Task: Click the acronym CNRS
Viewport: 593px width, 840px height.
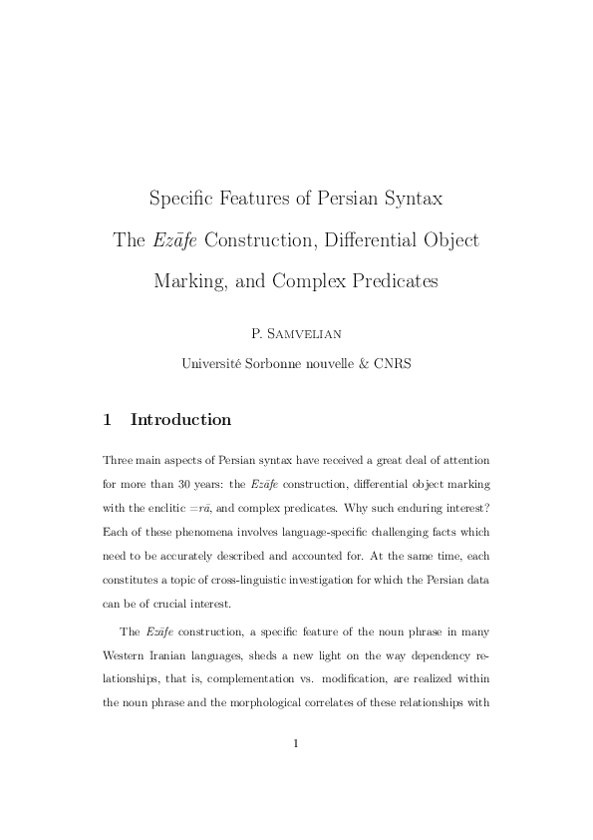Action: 393,364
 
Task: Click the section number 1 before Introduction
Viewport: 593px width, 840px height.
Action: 108,420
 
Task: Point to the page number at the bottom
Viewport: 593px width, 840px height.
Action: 296,742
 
